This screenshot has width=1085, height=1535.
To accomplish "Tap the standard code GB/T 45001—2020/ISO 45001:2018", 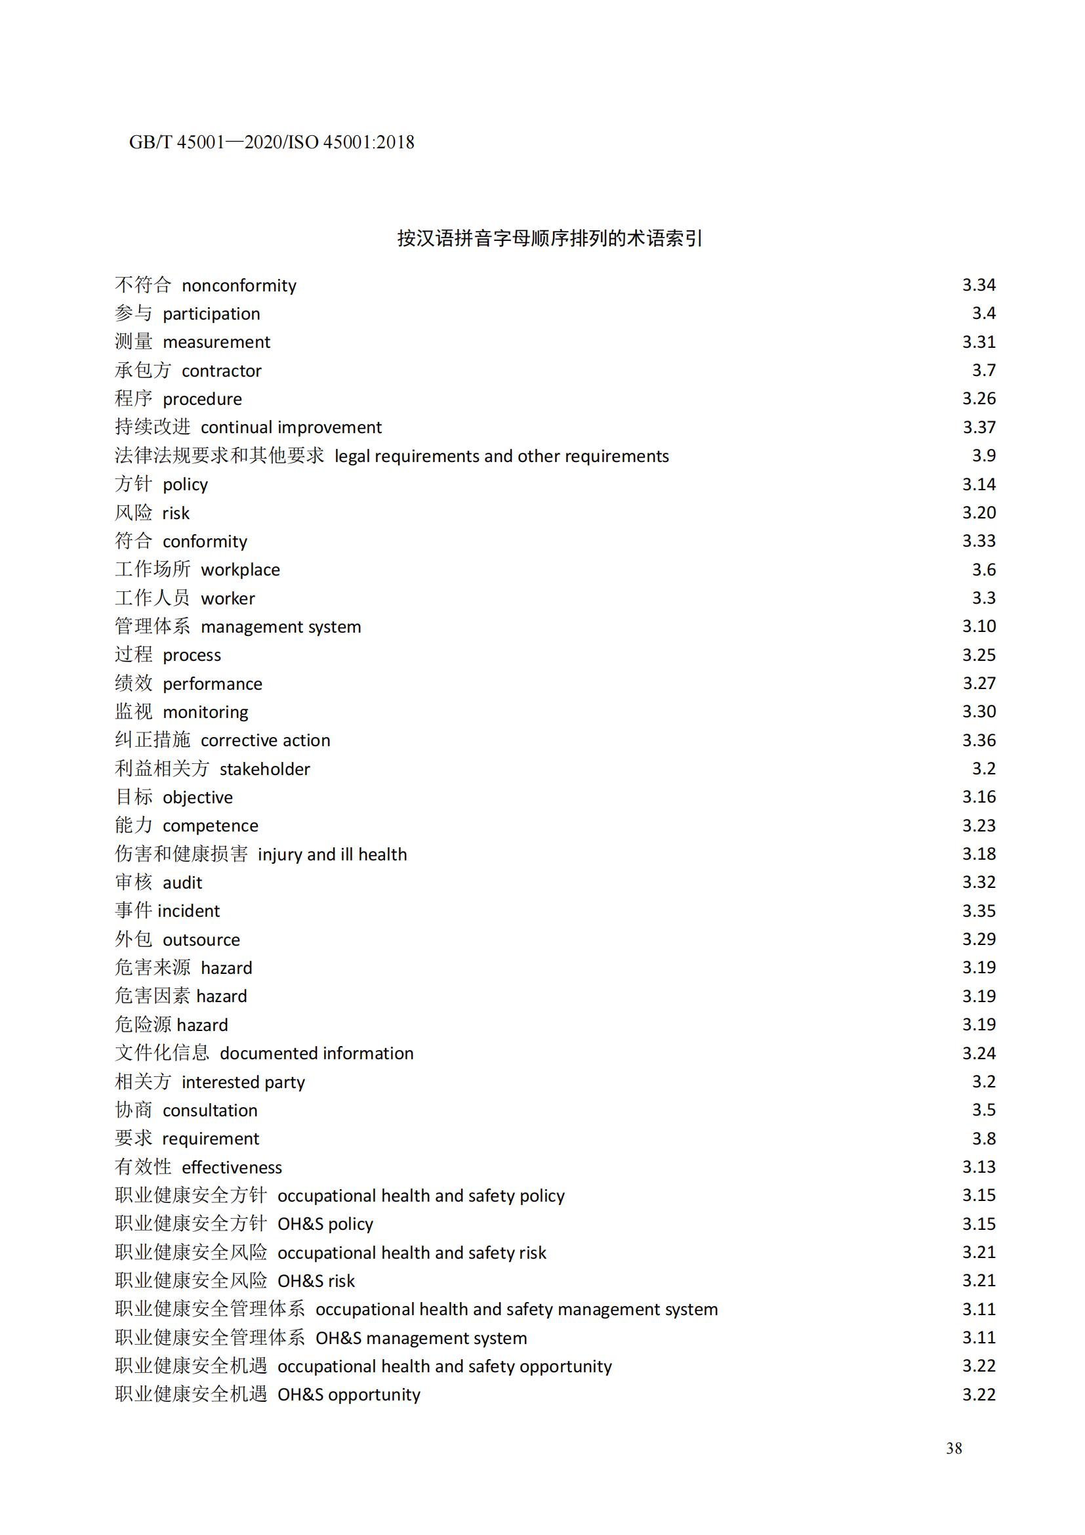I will coord(272,142).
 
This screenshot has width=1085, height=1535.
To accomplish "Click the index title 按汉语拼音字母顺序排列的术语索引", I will coord(549,239).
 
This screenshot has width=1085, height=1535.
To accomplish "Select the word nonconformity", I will coord(239,285).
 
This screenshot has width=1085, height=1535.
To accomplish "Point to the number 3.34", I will coord(978,285).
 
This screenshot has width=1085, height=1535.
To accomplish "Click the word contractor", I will coord(221,371).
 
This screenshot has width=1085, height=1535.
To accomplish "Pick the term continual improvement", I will coord(291,427).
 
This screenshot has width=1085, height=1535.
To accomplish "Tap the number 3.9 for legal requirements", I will coord(983,455).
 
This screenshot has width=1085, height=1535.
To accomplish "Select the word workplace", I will coord(240,570).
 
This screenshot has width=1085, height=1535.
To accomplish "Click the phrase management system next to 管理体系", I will coord(281,627).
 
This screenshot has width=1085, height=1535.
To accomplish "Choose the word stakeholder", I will coord(264,769).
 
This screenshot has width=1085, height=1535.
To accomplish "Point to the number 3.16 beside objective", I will coord(978,797).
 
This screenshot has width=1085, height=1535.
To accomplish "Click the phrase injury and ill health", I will coord(332,854).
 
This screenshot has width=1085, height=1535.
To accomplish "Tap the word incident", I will coord(188,911).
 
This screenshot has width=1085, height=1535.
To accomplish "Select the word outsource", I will coord(201,939).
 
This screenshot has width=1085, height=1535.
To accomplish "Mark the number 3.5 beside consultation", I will coord(983,1110).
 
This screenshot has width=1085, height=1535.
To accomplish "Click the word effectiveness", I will coord(231,1167).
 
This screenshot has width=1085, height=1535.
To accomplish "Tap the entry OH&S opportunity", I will coord(349,1395).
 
